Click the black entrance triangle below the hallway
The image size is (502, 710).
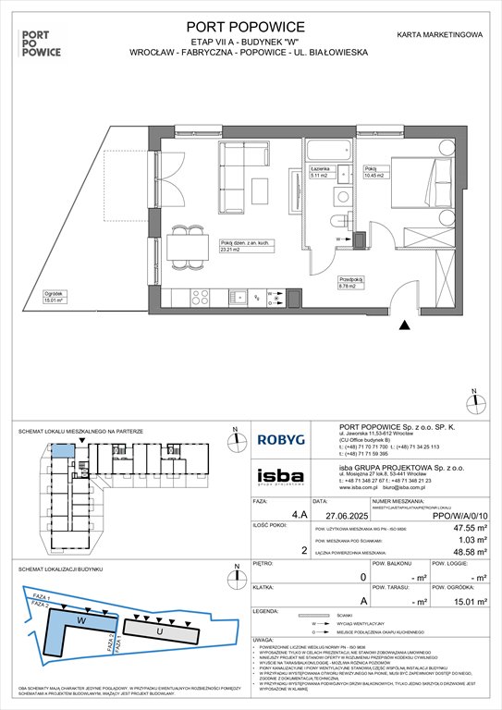pyautogui.click(x=403, y=324)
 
